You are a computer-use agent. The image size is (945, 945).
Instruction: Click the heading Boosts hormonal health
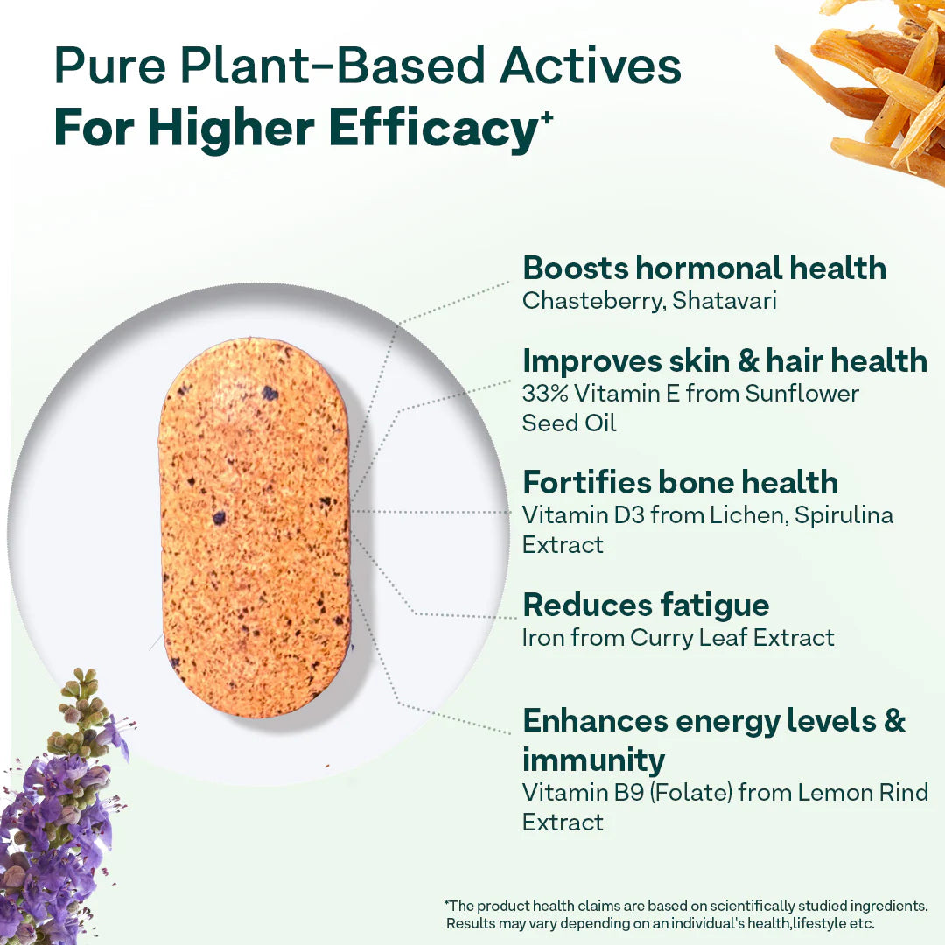[x=704, y=268]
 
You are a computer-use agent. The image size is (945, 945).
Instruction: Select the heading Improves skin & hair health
[x=724, y=360]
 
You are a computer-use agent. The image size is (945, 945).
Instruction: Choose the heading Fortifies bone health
[x=680, y=482]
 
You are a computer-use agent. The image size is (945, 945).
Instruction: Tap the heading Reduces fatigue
[x=646, y=605]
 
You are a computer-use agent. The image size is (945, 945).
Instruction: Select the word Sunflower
[x=801, y=394]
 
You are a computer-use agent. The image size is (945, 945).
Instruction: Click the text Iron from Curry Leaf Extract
[x=678, y=638]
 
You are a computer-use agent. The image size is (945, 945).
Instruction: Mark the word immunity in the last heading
[x=593, y=759]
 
